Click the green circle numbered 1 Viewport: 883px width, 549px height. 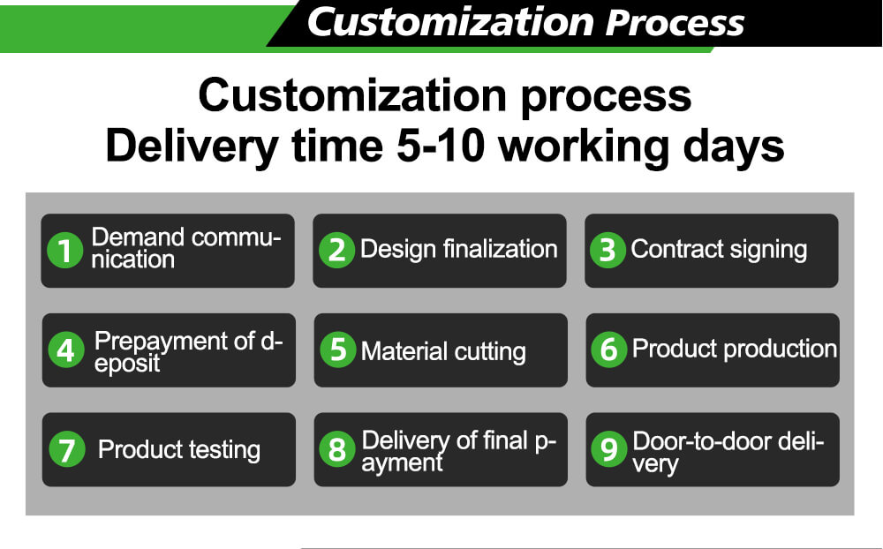click(65, 251)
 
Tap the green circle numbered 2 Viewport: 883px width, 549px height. click(336, 250)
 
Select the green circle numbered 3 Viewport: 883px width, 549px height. click(608, 250)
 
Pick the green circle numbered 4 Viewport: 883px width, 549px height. click(66, 350)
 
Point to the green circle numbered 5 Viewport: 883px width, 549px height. click(338, 350)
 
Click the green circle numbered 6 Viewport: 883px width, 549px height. click(608, 350)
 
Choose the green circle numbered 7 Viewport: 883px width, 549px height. click(67, 449)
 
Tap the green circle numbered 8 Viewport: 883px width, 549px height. click(337, 449)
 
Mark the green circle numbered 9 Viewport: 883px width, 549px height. click(608, 449)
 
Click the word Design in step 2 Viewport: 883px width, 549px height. click(398, 250)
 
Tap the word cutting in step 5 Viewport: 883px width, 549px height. click(490, 352)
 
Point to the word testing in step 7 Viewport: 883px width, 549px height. click(224, 450)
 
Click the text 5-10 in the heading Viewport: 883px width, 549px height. click(441, 146)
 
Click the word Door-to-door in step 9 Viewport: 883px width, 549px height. click(702, 441)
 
